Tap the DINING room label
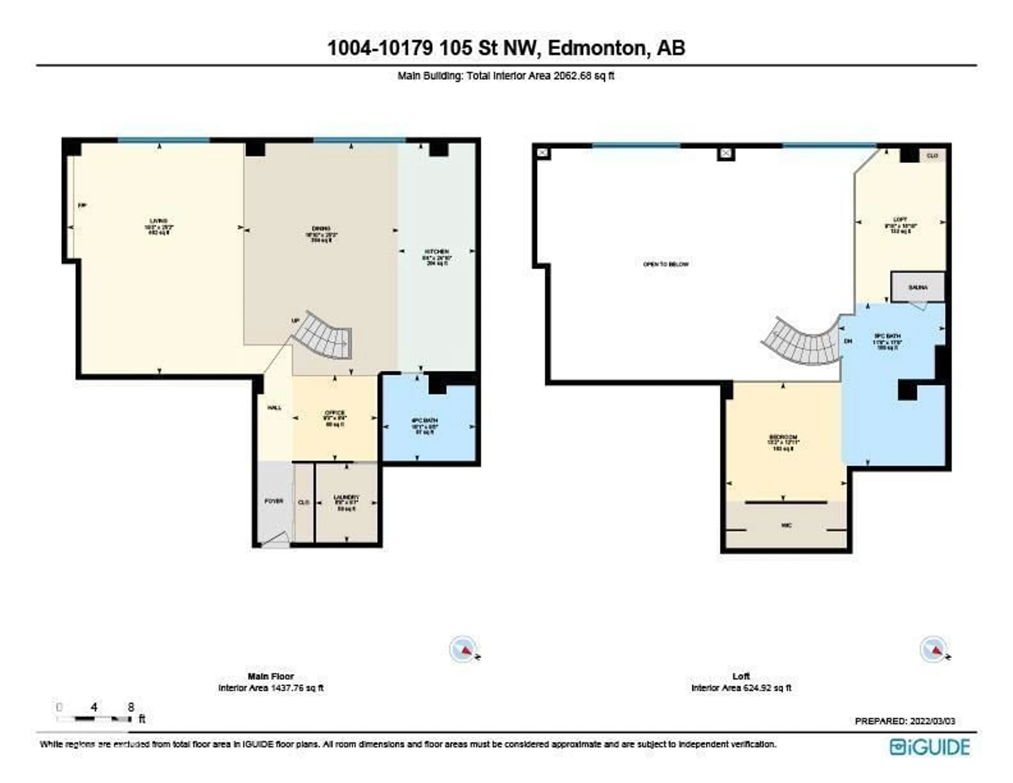pos(321,228)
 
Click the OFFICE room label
pos(335,413)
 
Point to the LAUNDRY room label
pos(346,497)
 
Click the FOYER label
pos(274,501)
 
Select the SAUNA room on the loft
pos(918,287)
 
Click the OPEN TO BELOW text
pos(666,264)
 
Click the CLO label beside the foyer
pos(304,502)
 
